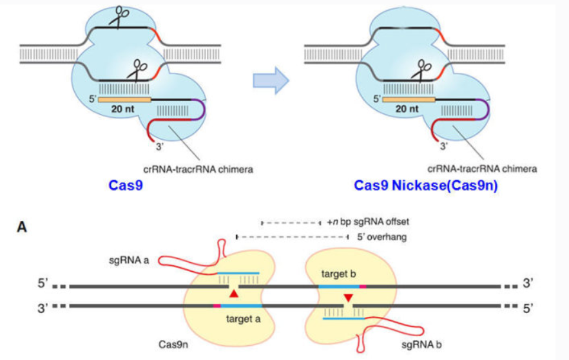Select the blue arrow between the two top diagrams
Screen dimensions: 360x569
pos(270,79)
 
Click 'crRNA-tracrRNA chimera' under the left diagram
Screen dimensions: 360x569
pos(197,168)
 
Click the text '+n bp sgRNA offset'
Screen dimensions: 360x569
pos(367,222)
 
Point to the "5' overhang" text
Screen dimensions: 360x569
pos(381,238)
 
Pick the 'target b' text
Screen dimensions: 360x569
pos(338,273)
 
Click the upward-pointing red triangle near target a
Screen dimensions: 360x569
pos(234,294)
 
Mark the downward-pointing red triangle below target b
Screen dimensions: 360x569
pos(348,298)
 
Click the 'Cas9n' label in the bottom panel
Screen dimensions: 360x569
pos(173,345)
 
